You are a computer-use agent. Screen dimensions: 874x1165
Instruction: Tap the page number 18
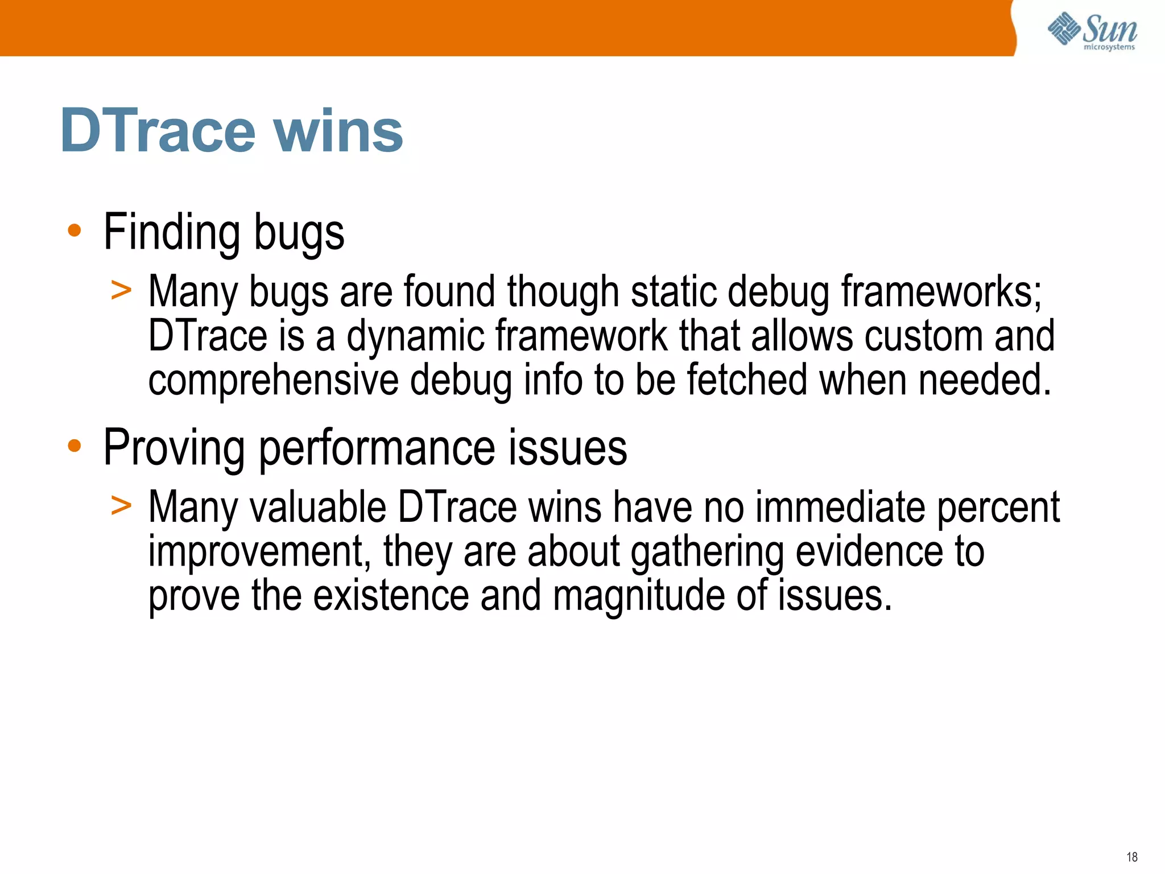pyautogui.click(x=1131, y=857)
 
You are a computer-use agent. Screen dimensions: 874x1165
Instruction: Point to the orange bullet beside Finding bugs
pyautogui.click(x=74, y=231)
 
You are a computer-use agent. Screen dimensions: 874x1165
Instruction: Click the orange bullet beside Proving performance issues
pyautogui.click(x=74, y=447)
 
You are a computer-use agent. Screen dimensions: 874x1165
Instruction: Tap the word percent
pyautogui.click(x=998, y=508)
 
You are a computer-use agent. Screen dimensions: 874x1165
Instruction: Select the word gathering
pyautogui.click(x=707, y=552)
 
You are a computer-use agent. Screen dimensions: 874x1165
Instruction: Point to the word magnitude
pyautogui.click(x=638, y=596)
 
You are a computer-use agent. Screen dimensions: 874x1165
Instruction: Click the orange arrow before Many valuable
pyautogui.click(x=121, y=505)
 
